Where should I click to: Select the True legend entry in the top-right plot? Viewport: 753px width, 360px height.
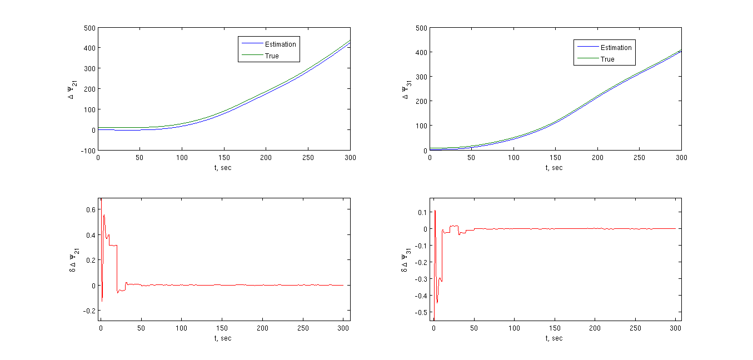click(607, 59)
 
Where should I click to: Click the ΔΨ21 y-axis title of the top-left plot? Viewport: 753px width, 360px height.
click(71, 89)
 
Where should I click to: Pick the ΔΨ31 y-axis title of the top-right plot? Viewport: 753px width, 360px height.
click(406, 89)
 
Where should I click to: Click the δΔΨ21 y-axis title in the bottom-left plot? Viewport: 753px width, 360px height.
click(72, 259)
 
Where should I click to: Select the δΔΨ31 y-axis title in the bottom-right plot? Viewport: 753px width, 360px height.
click(403, 259)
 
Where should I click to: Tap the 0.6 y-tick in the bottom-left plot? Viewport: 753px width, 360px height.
click(90, 209)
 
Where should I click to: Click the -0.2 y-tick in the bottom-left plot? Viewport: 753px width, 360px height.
click(89, 311)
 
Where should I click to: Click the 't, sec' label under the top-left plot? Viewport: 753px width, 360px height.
click(224, 167)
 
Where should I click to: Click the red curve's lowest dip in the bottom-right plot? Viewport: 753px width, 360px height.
click(437, 303)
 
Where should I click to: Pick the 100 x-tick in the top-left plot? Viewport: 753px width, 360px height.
click(182, 158)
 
